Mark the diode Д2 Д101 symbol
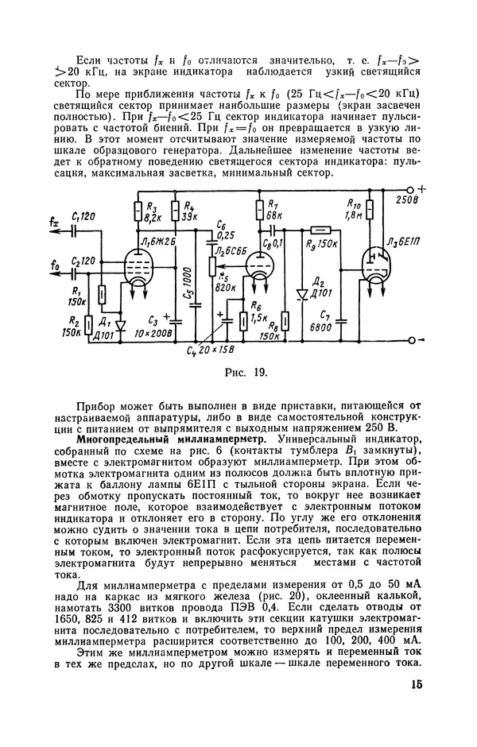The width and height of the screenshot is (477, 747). pyautogui.click(x=302, y=293)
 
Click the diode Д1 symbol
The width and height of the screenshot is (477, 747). pyautogui.click(x=120, y=324)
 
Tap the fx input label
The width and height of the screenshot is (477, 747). pyautogui.click(x=53, y=224)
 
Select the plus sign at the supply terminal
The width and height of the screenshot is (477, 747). pyautogui.click(x=422, y=188)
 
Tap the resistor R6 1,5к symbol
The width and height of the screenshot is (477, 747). pyautogui.click(x=244, y=320)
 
